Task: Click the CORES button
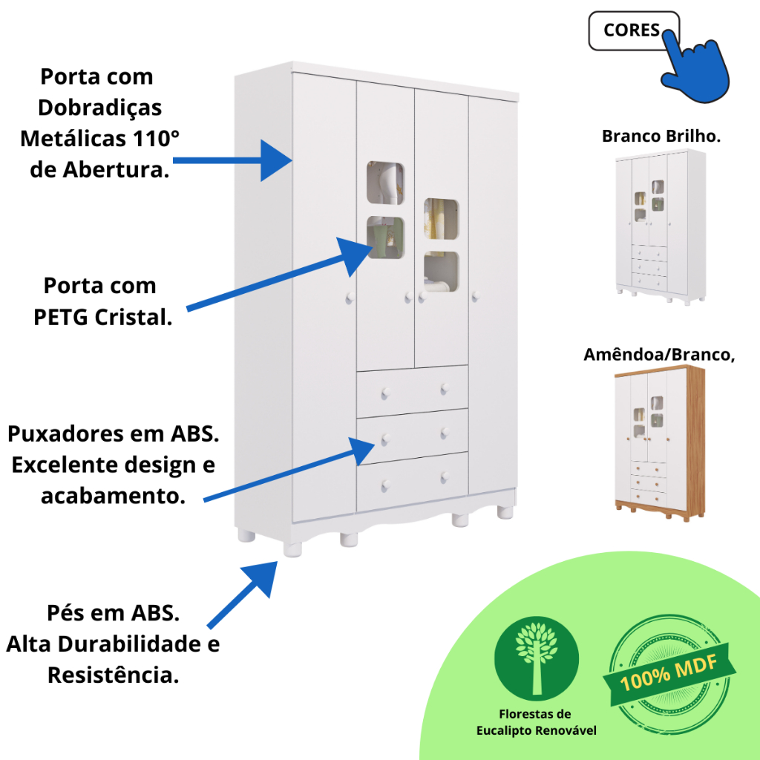click(634, 30)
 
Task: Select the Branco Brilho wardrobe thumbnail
click(661, 227)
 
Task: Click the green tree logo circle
click(536, 658)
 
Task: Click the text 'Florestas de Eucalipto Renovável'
click(536, 722)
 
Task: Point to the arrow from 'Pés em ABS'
click(243, 594)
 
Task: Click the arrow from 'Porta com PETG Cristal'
click(280, 274)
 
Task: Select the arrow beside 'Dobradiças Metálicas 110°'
click(232, 160)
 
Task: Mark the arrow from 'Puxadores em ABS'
click(289, 469)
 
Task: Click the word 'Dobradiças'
click(100, 108)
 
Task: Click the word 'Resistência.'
click(114, 675)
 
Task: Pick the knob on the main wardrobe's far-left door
click(350, 298)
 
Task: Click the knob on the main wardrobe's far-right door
click(476, 295)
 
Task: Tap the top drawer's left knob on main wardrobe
click(386, 393)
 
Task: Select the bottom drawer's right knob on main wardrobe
click(445, 478)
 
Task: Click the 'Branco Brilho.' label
click(661, 137)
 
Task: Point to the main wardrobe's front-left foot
click(292, 550)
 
